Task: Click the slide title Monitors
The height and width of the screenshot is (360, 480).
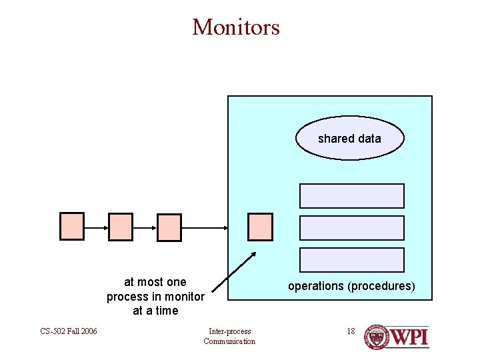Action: (236, 27)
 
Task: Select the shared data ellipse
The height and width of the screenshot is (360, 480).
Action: (349, 139)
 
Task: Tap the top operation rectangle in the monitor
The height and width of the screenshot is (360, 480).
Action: (352, 196)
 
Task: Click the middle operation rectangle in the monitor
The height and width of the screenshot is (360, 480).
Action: (352, 228)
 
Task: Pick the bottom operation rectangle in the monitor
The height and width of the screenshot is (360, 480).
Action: (352, 260)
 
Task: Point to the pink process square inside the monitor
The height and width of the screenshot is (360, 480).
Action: (260, 227)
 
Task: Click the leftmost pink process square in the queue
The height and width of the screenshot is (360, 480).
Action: (72, 227)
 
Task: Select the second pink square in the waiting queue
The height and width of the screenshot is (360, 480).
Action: (121, 227)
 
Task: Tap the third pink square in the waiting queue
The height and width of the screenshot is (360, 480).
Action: (169, 227)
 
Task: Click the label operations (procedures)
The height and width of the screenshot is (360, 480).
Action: (351, 287)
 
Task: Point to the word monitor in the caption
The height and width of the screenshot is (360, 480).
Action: (184, 296)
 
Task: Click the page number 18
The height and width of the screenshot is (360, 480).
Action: (351, 331)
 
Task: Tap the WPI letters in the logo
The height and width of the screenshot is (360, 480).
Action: (409, 337)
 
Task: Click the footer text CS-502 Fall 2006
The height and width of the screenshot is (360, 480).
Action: (69, 331)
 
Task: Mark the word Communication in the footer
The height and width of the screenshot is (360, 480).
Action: (229, 341)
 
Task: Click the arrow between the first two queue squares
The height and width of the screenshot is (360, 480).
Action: (96, 227)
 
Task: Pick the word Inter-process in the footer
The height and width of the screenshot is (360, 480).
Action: (229, 331)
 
